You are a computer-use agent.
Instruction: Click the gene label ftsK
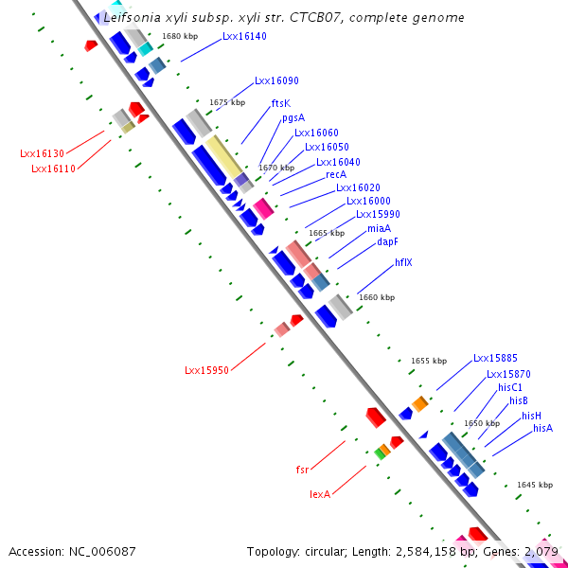(x=281, y=103)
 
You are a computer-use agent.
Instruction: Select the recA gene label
(x=336, y=174)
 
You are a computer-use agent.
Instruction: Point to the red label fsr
(x=302, y=469)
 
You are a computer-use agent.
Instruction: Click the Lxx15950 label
(x=206, y=370)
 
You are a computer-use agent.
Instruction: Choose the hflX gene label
(x=403, y=262)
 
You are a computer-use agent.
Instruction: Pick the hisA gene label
(x=542, y=428)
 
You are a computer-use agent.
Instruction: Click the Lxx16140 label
(x=244, y=37)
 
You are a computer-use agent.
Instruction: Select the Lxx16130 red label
(x=42, y=153)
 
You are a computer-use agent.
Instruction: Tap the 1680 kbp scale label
(x=180, y=36)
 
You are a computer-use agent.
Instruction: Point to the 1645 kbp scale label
(x=535, y=485)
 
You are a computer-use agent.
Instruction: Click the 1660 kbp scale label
(x=377, y=297)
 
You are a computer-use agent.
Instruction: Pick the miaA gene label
(x=379, y=228)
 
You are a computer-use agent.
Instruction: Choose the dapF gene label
(x=387, y=241)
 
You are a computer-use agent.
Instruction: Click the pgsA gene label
(x=293, y=118)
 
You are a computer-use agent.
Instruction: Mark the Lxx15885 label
(x=495, y=359)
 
